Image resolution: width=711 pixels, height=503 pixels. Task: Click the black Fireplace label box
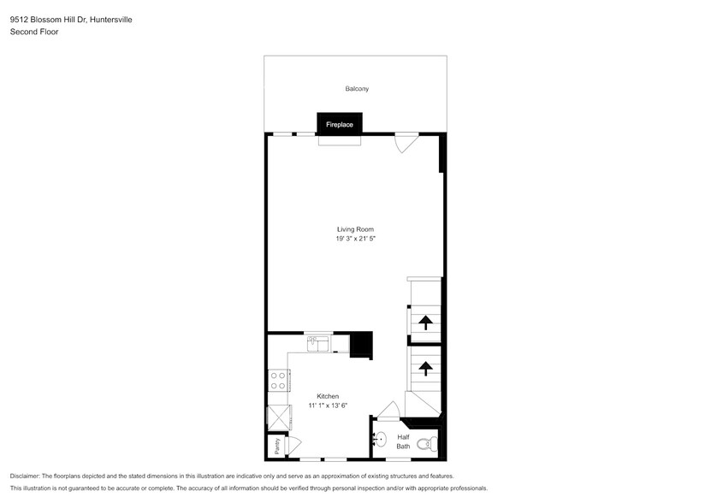(x=339, y=125)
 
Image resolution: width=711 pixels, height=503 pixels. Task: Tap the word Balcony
(x=357, y=89)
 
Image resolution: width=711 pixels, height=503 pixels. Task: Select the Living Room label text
(x=355, y=229)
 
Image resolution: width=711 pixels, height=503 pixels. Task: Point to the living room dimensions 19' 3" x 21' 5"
(x=355, y=240)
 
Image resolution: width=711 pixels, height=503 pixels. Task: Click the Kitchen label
(x=328, y=396)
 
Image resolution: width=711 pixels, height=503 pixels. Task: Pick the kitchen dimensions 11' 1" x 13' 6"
(x=328, y=405)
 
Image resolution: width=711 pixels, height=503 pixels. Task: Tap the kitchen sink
(x=319, y=343)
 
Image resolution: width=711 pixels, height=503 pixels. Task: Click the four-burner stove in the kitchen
(x=278, y=380)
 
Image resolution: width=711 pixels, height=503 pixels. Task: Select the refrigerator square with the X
(x=279, y=418)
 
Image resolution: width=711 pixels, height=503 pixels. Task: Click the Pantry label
(x=277, y=446)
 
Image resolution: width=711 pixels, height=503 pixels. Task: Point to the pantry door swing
(x=295, y=445)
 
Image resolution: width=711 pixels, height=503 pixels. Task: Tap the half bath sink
(x=381, y=441)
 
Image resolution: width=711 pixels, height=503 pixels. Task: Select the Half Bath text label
(x=403, y=441)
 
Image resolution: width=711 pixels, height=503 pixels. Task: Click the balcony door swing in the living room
(x=406, y=143)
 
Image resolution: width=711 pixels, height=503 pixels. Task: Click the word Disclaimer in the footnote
(x=25, y=476)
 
